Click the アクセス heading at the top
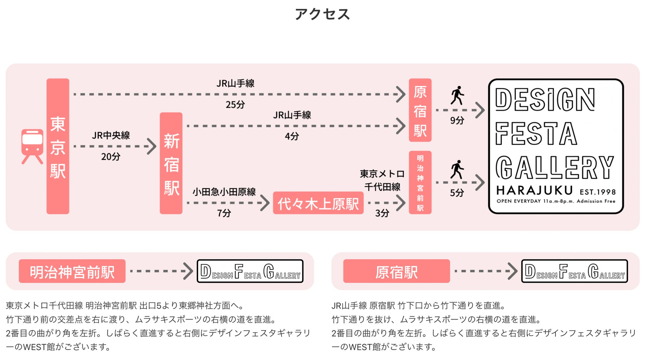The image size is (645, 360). click(x=322, y=14)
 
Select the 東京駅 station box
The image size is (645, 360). click(x=58, y=146)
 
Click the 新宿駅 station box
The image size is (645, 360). click(x=171, y=163)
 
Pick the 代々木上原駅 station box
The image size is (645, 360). click(x=318, y=203)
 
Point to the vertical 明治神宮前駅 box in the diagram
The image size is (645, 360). click(x=420, y=182)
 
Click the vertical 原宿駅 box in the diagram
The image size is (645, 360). click(x=420, y=110)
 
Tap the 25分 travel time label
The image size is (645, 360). click(x=235, y=105)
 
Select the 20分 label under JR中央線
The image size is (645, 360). click(x=110, y=156)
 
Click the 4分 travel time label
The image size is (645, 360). click(x=292, y=136)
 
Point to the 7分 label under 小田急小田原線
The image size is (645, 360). click(x=224, y=213)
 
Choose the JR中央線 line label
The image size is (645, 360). click(x=111, y=135)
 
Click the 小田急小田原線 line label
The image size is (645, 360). click(x=224, y=192)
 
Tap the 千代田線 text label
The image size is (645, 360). click(x=382, y=187)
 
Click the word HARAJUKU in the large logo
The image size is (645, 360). click(x=535, y=190)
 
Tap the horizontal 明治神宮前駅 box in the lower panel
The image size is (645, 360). click(x=72, y=271)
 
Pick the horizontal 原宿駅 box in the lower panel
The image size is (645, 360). click(x=397, y=271)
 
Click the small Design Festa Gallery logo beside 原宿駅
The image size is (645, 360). click(x=575, y=271)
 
